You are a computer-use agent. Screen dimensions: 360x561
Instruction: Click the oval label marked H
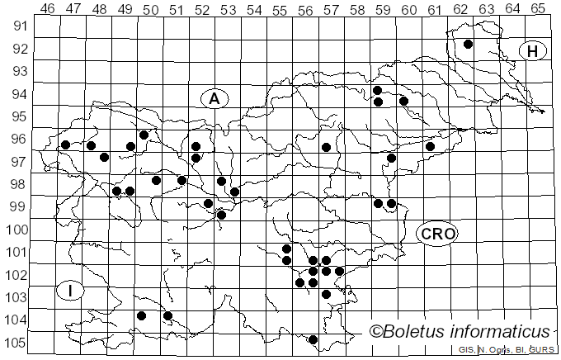pos(533,51)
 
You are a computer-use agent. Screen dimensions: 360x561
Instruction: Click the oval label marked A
pos(214,98)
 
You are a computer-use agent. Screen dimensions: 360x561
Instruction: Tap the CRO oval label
pos(437,234)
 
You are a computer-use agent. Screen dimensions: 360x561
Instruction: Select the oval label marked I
pos(71,291)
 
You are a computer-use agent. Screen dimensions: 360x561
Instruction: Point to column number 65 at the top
pos(538,8)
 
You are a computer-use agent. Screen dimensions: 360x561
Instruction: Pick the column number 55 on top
pos(280,8)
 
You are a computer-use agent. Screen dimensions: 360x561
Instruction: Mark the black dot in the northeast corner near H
pos(468,44)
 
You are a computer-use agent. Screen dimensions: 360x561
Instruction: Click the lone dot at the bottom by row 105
pos(313,339)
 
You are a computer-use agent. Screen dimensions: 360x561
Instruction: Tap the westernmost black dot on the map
pos(65,144)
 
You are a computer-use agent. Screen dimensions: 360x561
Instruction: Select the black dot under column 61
pos(430,146)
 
